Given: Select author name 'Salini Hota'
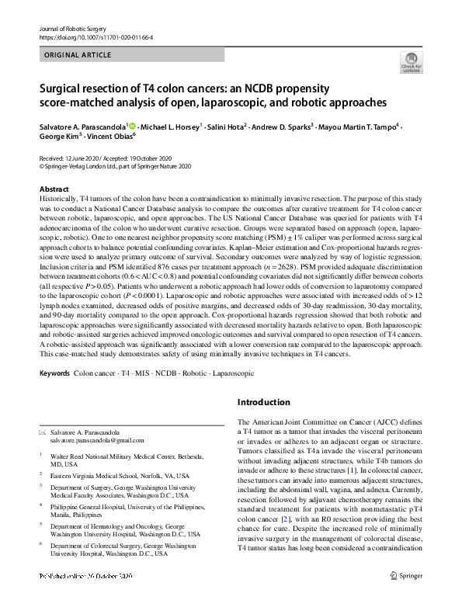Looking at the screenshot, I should [225, 127].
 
